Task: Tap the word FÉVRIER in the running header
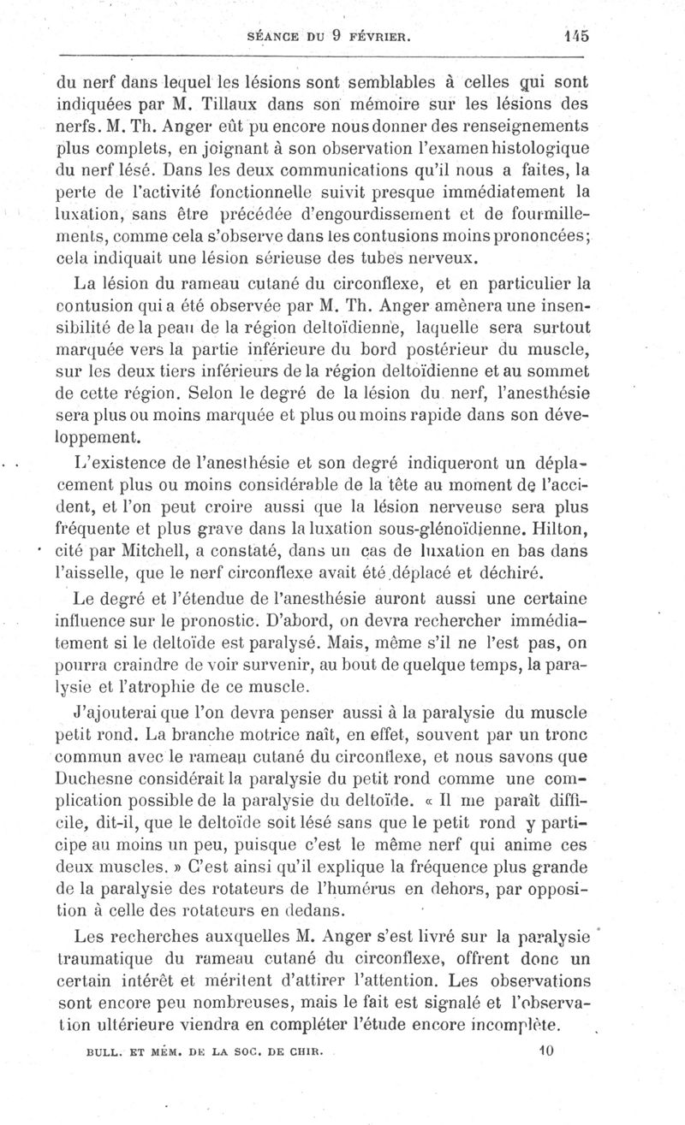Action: (x=381, y=37)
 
